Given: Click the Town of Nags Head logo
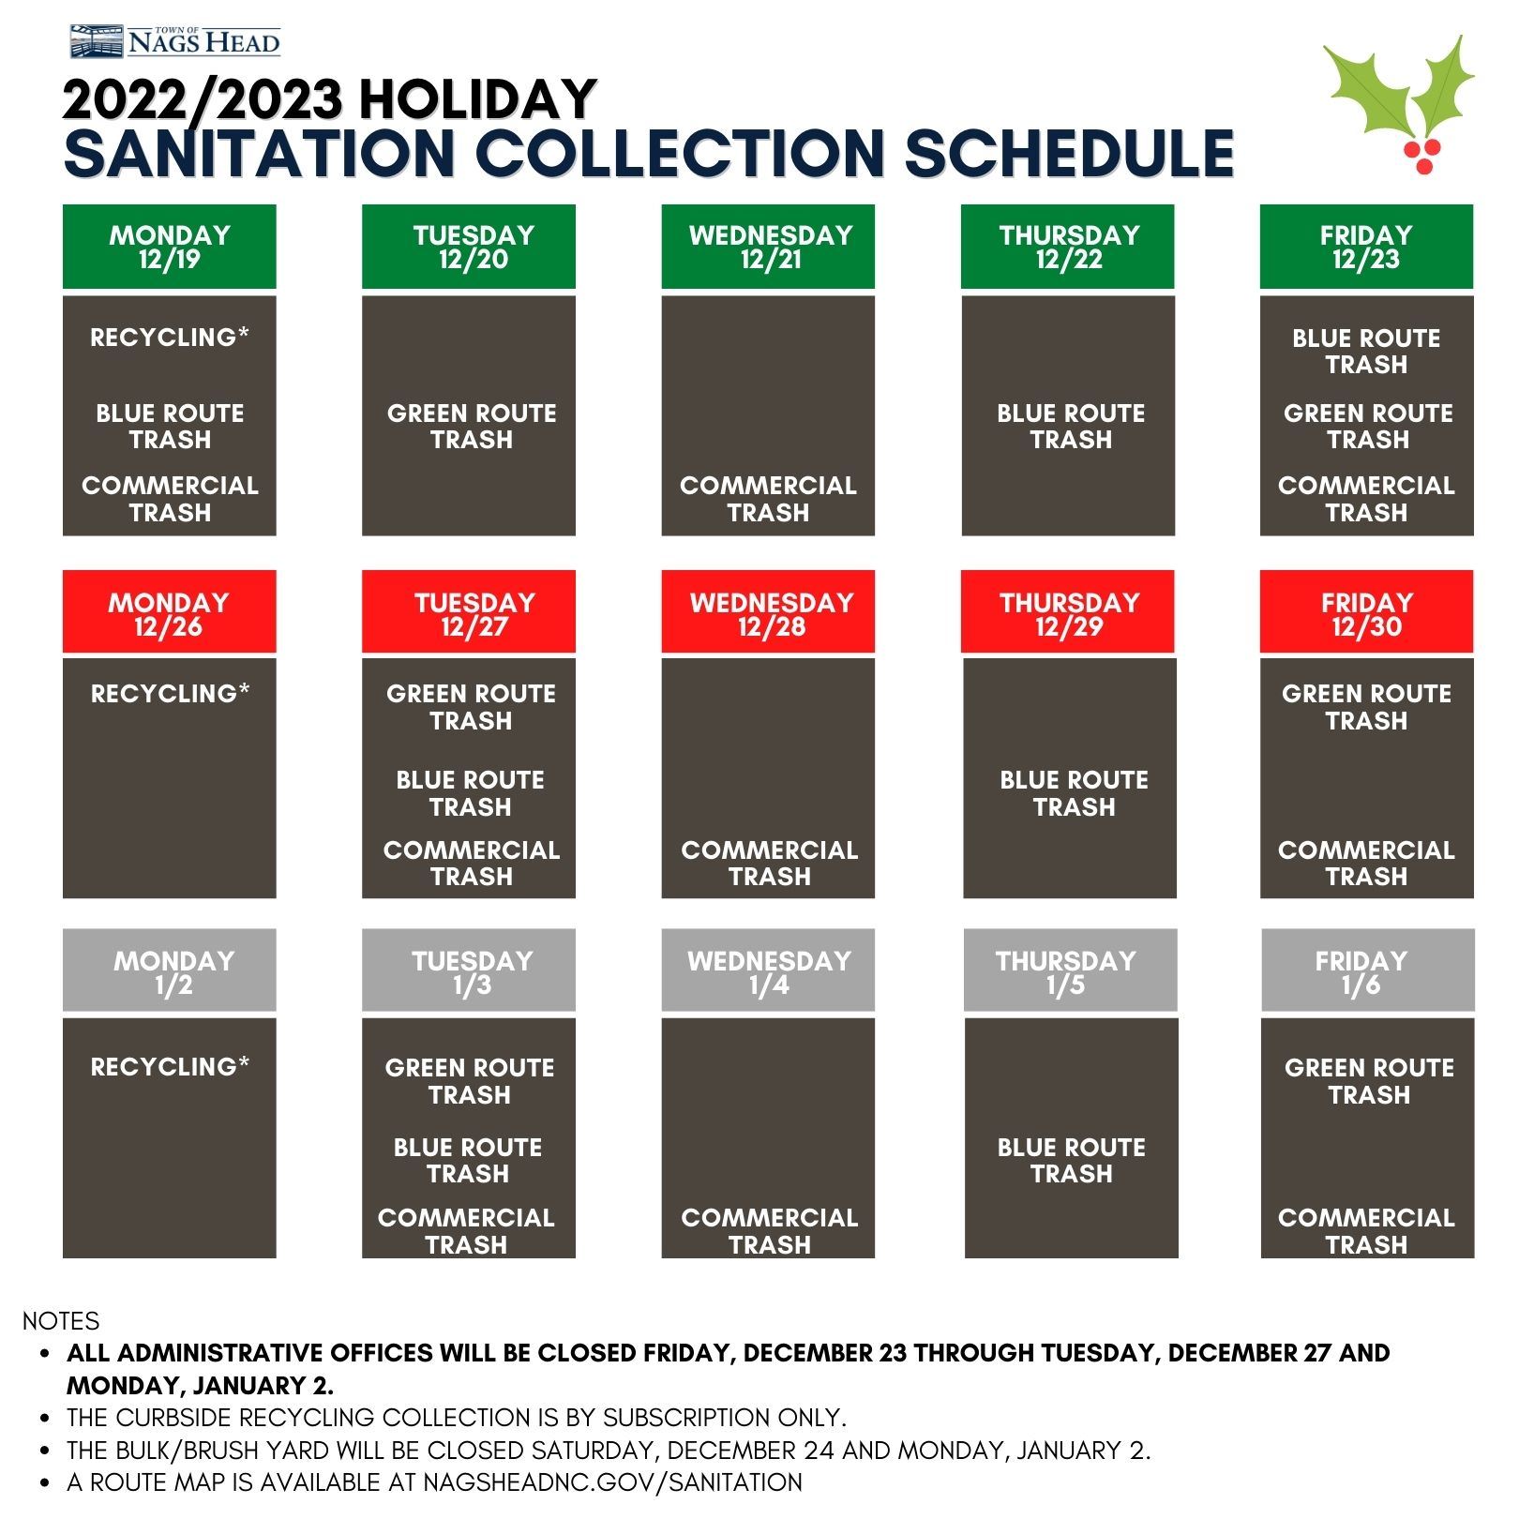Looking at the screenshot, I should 175,41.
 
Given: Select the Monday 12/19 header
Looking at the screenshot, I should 170,247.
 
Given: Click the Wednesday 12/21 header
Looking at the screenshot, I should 768,247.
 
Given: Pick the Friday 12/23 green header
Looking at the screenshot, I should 1366,247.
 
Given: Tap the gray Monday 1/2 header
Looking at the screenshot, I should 170,971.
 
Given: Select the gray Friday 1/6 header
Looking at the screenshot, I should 1367,971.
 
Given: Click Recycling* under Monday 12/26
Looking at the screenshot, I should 170,694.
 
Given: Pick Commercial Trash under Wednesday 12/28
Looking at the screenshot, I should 769,864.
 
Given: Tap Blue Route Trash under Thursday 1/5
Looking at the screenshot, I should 1071,1161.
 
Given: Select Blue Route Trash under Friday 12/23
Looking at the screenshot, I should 1366,352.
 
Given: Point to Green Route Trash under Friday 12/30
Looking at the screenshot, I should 1366,707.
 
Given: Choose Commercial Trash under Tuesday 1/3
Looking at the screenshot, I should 466,1231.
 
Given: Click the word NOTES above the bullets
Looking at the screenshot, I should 61,1321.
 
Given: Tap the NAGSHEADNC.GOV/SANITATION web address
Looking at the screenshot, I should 612,1482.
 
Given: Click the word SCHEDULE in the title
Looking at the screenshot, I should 1069,154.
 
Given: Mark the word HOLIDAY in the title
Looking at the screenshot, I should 477,99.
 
